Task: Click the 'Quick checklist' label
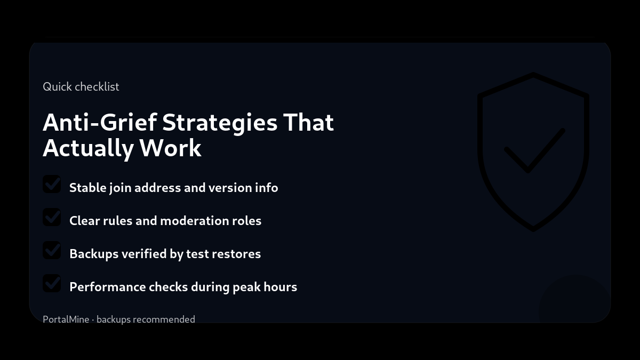[81, 86]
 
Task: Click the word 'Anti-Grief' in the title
[99, 122]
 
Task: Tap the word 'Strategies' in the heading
[220, 123]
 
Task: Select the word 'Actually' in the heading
[88, 148]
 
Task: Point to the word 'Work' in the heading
[171, 148]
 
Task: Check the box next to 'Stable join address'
[52, 185]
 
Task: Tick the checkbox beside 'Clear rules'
[52, 218]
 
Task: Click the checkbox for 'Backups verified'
[52, 251]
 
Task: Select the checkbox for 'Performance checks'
[52, 284]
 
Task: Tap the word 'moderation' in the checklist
[194, 221]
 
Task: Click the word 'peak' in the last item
[246, 287]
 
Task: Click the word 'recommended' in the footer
[164, 319]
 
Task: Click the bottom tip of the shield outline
[533, 229]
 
